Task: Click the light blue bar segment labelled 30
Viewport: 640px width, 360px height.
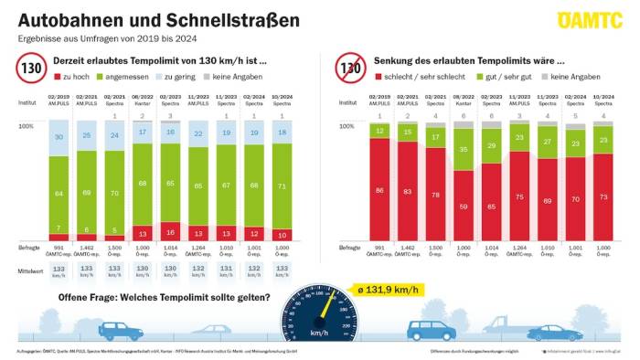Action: [59, 137]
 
